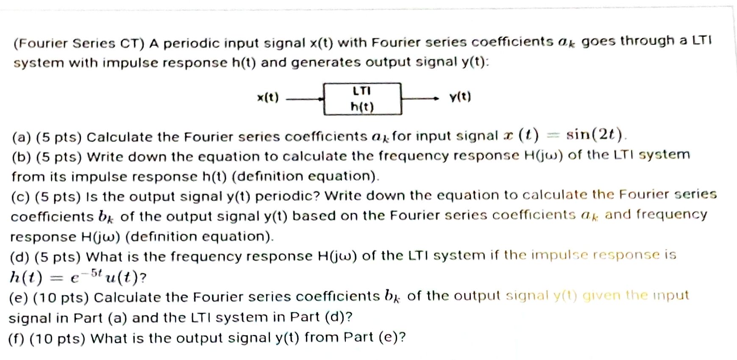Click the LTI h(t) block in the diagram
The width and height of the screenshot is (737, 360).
(362, 99)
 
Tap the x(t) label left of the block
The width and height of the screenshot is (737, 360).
(268, 98)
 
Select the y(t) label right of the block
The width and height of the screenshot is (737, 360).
(460, 97)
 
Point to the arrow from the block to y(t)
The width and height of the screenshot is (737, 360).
(420, 99)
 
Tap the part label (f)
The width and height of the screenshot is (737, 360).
(17, 338)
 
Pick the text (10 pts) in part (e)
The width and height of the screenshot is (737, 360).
(61, 297)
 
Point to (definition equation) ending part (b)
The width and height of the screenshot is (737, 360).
(305, 176)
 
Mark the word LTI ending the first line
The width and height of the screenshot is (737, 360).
(702, 41)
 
